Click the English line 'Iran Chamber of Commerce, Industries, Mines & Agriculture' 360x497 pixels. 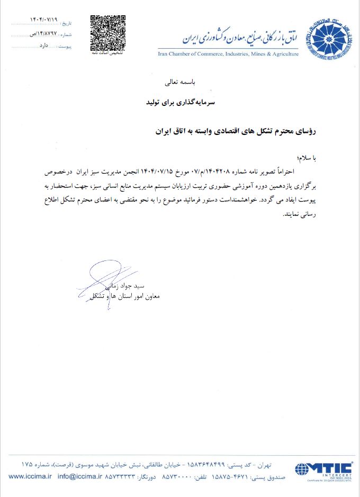[228, 54]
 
